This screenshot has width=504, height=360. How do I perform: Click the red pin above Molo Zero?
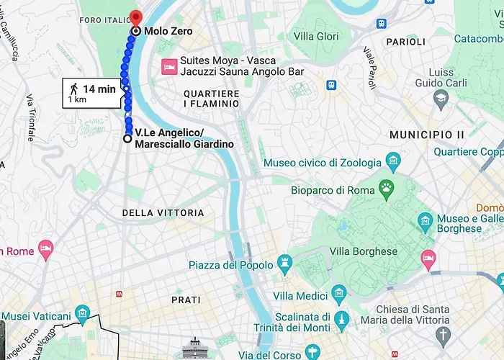coord(136,17)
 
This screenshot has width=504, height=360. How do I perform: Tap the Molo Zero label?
coord(168,32)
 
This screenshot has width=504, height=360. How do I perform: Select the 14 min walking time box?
coord(94,93)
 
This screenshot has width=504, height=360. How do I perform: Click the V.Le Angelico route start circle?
coord(127,138)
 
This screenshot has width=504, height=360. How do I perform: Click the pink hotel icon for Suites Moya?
coord(168,66)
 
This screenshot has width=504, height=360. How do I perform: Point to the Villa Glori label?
coord(317,37)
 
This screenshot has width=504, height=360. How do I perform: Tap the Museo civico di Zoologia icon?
coord(392,159)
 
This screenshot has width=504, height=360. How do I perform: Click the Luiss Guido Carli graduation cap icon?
coord(441,96)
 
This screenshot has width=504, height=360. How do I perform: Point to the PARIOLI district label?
coord(405,42)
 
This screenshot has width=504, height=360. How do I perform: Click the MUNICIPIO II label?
coord(426,135)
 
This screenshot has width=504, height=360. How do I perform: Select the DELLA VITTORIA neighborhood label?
coord(163,213)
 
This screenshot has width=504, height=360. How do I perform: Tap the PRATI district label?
coord(186,299)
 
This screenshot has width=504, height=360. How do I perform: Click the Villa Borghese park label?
coord(364,252)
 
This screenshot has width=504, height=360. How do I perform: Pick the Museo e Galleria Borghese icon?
coord(426,219)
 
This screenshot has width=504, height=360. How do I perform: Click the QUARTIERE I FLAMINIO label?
coord(211,99)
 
